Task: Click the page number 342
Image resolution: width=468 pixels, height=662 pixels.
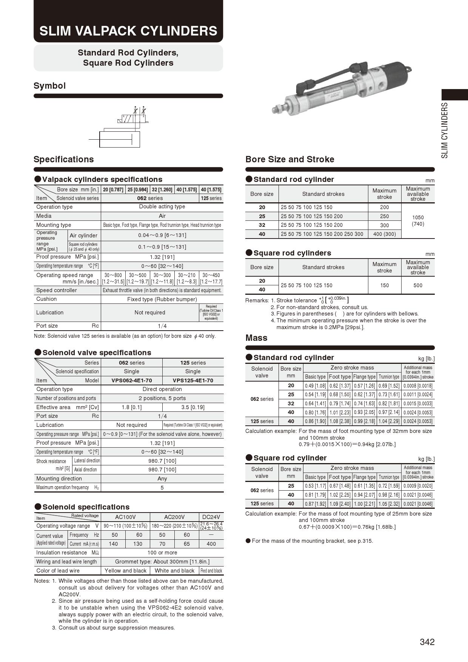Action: (x=427, y=642)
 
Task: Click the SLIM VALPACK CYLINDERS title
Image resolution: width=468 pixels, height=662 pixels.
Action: (x=128, y=31)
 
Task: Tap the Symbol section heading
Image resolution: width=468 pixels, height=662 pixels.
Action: (x=49, y=86)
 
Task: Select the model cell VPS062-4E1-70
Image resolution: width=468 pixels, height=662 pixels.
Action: (x=132, y=380)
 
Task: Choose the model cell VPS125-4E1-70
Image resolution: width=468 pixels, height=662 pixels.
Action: (x=193, y=380)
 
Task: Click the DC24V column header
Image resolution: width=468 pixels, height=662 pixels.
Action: (x=211, y=517)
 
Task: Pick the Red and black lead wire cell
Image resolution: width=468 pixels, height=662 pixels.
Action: (x=211, y=571)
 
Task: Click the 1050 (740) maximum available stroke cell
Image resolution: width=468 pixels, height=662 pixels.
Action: (x=418, y=220)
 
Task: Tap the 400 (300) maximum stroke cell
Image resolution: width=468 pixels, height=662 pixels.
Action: (x=384, y=234)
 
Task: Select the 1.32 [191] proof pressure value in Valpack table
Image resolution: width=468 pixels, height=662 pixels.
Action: (x=162, y=257)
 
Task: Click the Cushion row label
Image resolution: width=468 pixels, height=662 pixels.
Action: (x=46, y=299)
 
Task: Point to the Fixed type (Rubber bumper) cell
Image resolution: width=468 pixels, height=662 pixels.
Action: (x=162, y=299)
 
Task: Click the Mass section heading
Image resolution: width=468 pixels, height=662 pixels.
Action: (x=256, y=338)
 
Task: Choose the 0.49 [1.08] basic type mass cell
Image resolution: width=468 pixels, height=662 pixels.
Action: (x=315, y=386)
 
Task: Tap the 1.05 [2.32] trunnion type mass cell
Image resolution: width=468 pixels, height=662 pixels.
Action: (x=389, y=503)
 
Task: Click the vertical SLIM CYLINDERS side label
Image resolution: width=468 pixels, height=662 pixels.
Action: (x=445, y=130)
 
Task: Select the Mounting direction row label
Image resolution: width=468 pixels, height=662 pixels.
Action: (x=59, y=479)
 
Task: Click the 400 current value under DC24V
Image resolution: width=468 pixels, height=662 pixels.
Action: (x=211, y=544)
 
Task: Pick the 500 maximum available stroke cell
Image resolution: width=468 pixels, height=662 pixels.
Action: (x=418, y=285)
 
